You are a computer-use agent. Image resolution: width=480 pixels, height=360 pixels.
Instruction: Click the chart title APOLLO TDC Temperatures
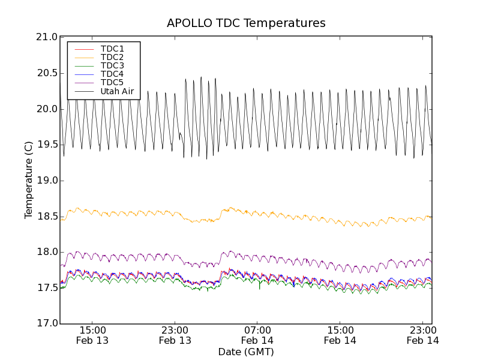(246, 23)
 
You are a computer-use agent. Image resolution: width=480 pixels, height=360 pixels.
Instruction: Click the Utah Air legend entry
(117, 92)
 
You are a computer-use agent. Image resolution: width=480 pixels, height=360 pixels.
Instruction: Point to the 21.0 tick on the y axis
(46, 37)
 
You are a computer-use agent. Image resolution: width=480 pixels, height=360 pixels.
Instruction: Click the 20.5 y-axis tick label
(46, 73)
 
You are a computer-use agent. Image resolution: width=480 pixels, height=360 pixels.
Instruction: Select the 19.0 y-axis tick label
(46, 181)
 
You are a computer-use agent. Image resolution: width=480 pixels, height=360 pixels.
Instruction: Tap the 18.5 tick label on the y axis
(46, 216)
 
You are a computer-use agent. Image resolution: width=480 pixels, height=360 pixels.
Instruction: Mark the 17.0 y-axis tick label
(46, 323)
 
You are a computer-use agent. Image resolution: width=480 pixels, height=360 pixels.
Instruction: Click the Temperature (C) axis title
(29, 180)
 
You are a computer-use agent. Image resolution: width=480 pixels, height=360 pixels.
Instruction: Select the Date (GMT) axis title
(246, 352)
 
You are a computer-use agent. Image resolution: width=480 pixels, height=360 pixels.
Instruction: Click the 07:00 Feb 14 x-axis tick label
(258, 335)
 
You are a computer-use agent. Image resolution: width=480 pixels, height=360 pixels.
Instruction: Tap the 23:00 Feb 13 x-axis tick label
(175, 335)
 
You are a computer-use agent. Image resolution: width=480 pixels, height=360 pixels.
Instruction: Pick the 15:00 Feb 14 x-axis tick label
(340, 335)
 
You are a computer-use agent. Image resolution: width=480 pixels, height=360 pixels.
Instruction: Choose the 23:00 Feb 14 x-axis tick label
(423, 335)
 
